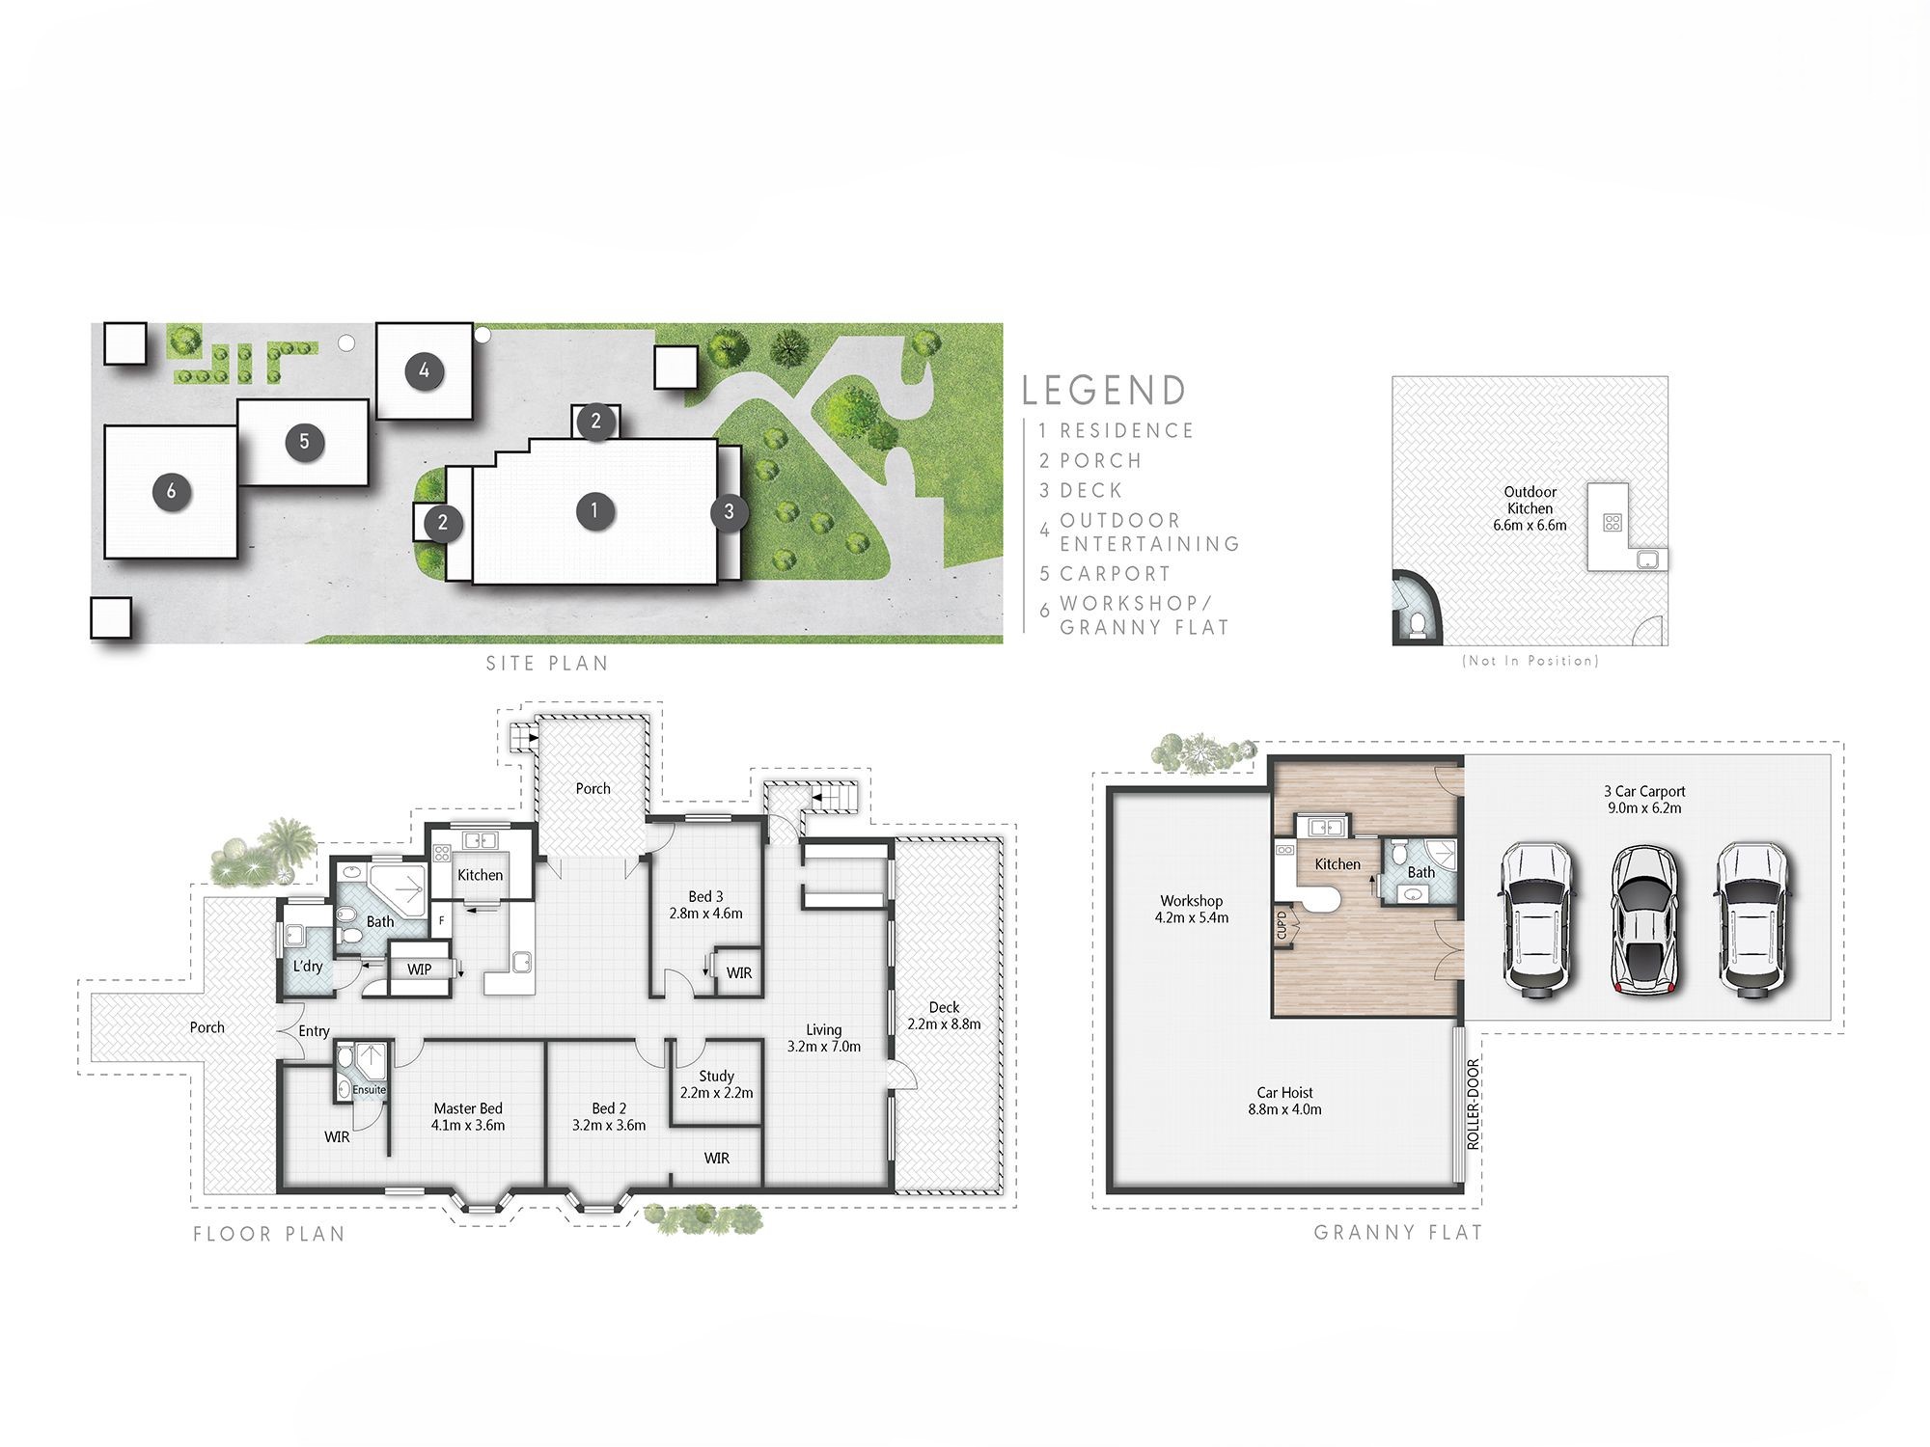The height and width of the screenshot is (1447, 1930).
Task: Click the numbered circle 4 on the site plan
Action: [424, 370]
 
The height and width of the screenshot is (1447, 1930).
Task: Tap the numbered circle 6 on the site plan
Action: [171, 491]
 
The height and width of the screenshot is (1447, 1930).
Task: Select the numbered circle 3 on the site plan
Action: [729, 511]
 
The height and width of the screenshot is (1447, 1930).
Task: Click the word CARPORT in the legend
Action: [1115, 574]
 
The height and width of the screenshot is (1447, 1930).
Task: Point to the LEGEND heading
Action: [1104, 391]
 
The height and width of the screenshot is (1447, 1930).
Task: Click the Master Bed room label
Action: [468, 1116]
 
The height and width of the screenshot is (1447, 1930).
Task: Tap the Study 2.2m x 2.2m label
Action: [716, 1084]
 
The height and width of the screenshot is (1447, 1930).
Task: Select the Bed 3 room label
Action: [705, 905]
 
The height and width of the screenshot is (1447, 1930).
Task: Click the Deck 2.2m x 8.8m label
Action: [944, 1015]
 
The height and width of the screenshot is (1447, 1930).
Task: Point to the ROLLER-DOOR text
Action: [1473, 1104]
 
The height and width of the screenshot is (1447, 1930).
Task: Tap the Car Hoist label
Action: [1284, 1101]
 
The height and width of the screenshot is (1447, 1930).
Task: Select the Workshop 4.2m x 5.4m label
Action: [1191, 909]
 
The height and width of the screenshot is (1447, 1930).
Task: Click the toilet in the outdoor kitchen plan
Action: [1417, 626]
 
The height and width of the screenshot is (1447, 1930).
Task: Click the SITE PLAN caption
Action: [547, 664]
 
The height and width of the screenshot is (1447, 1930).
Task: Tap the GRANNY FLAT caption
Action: [1397, 1232]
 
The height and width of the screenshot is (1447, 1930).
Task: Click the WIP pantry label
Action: [419, 969]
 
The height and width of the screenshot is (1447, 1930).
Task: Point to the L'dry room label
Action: [308, 966]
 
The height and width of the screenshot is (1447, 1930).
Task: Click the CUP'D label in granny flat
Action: [1282, 925]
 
